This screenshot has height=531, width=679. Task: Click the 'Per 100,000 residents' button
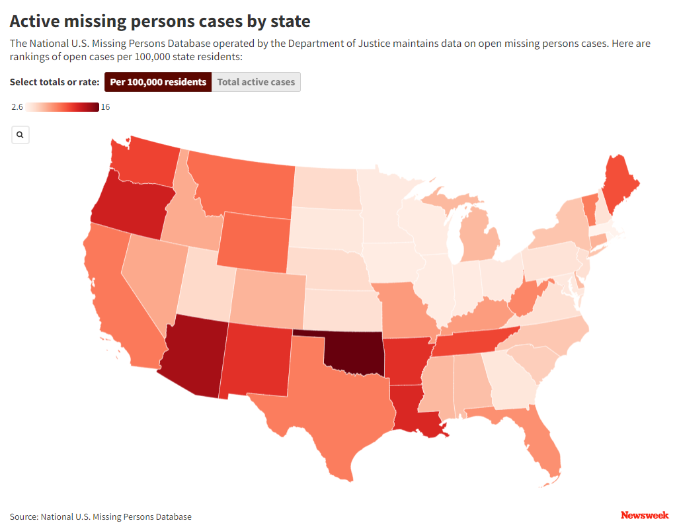pyautogui.click(x=158, y=82)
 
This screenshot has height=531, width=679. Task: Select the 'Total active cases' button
pyautogui.click(x=256, y=82)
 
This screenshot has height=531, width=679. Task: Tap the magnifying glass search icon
pyautogui.click(x=20, y=135)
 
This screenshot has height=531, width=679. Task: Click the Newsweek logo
pyautogui.click(x=645, y=515)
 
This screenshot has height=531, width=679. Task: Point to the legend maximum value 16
pyautogui.click(x=105, y=107)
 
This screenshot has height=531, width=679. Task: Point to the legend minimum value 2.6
pyautogui.click(x=17, y=107)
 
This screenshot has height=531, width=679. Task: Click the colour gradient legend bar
pyautogui.click(x=62, y=107)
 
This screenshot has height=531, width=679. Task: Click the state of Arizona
pyautogui.click(x=193, y=357)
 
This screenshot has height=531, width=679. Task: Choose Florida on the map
pyautogui.click(x=542, y=443)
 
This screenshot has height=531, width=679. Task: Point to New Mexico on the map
pyautogui.click(x=258, y=360)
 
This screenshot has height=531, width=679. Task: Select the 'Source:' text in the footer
pyautogui.click(x=24, y=516)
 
